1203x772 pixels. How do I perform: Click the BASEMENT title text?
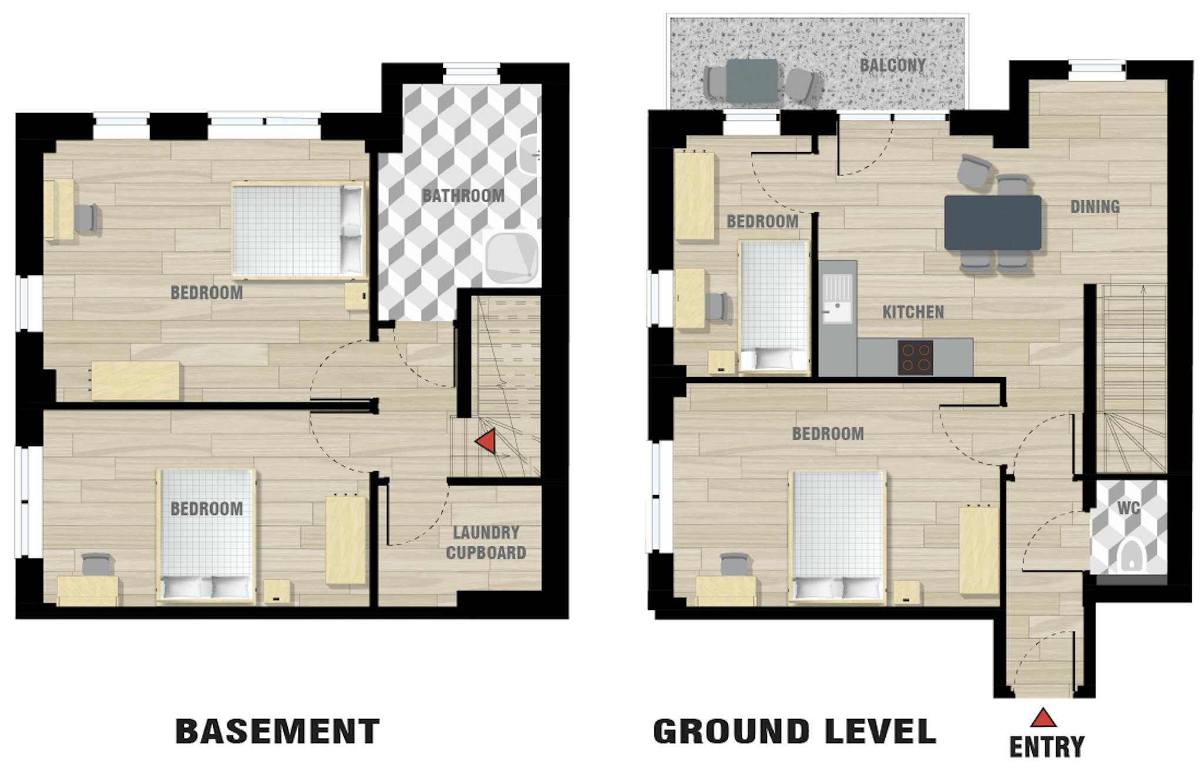[x=277, y=731]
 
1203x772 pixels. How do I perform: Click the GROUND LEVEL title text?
[x=795, y=731]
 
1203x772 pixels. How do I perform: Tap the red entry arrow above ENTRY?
[x=1043, y=717]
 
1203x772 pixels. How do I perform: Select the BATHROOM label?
[x=463, y=196]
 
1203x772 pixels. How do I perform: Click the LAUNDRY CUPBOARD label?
[x=486, y=542]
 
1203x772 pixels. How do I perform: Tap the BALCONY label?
[x=892, y=65]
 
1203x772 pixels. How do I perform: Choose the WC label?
[x=1128, y=508]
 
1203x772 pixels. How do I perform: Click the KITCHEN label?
[x=913, y=312]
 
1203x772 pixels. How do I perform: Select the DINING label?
[x=1095, y=207]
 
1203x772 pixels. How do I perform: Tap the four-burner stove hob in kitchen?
[x=915, y=357]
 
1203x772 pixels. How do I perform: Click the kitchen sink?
[x=837, y=300]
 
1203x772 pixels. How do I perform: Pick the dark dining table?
[x=992, y=223]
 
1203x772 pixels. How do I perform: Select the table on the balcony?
[x=752, y=80]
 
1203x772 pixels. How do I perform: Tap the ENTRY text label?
[x=1047, y=747]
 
